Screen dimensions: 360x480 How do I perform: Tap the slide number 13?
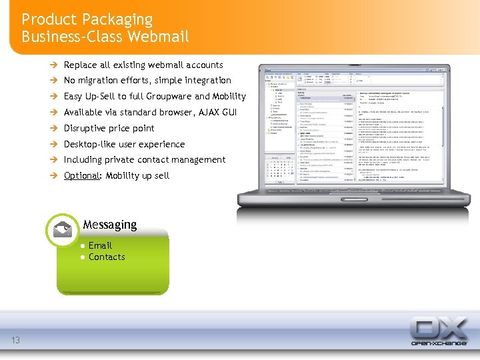(15, 341)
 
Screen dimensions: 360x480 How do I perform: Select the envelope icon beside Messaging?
(62, 230)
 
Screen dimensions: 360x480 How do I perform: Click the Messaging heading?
(110, 225)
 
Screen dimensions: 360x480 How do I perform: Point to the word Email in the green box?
(100, 245)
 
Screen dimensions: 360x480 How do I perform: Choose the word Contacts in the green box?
(107, 257)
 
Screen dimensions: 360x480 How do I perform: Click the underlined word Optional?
(80, 175)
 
